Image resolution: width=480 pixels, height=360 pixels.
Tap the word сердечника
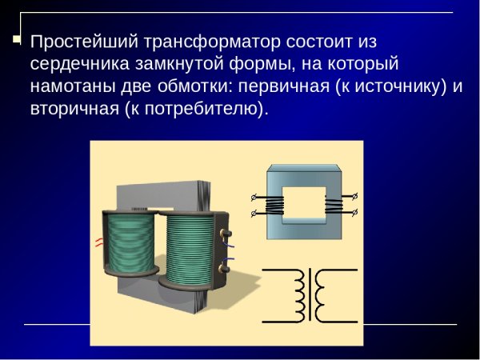tap(77, 63)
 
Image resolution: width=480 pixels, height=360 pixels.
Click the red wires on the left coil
tap(99, 241)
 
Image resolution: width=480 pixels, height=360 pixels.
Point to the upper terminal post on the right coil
tap(226, 234)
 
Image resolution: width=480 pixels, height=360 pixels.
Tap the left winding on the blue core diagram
tap(274, 205)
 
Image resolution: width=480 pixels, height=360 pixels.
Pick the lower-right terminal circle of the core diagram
tap(355, 213)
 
